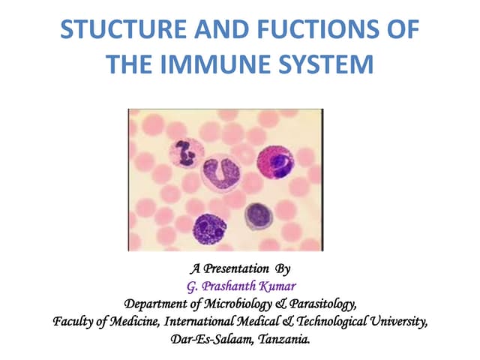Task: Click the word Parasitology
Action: (x=317, y=304)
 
